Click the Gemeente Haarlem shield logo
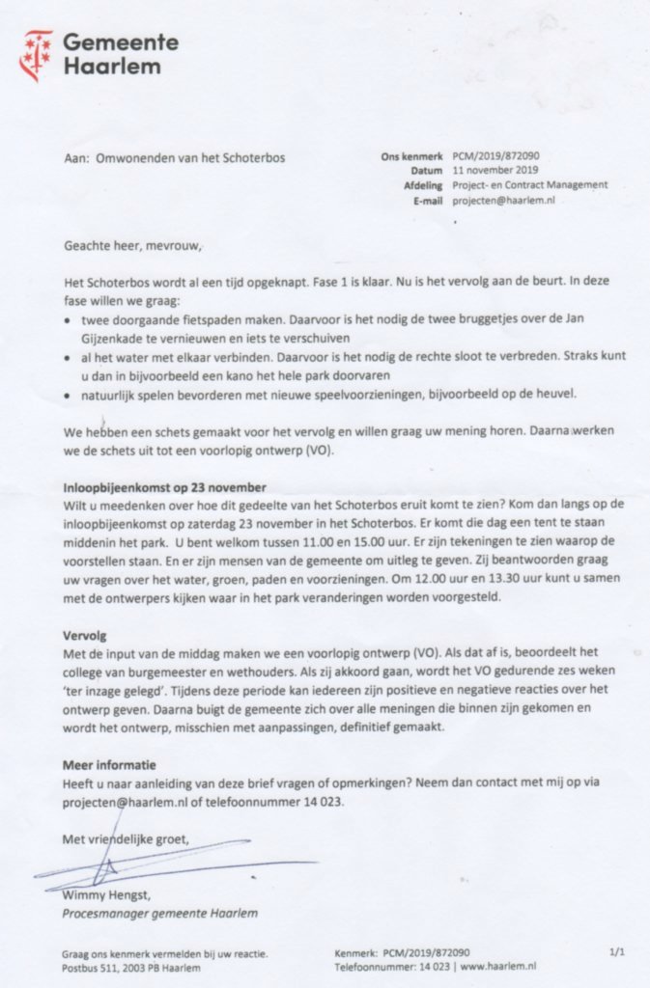pyautogui.click(x=38, y=55)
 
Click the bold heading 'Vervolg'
pyautogui.click(x=86, y=637)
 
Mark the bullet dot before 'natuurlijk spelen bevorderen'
pyautogui.click(x=67, y=396)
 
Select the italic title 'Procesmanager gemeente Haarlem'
pyautogui.click(x=159, y=913)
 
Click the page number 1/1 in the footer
pyautogui.click(x=617, y=951)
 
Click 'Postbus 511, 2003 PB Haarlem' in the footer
pyautogui.click(x=131, y=967)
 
